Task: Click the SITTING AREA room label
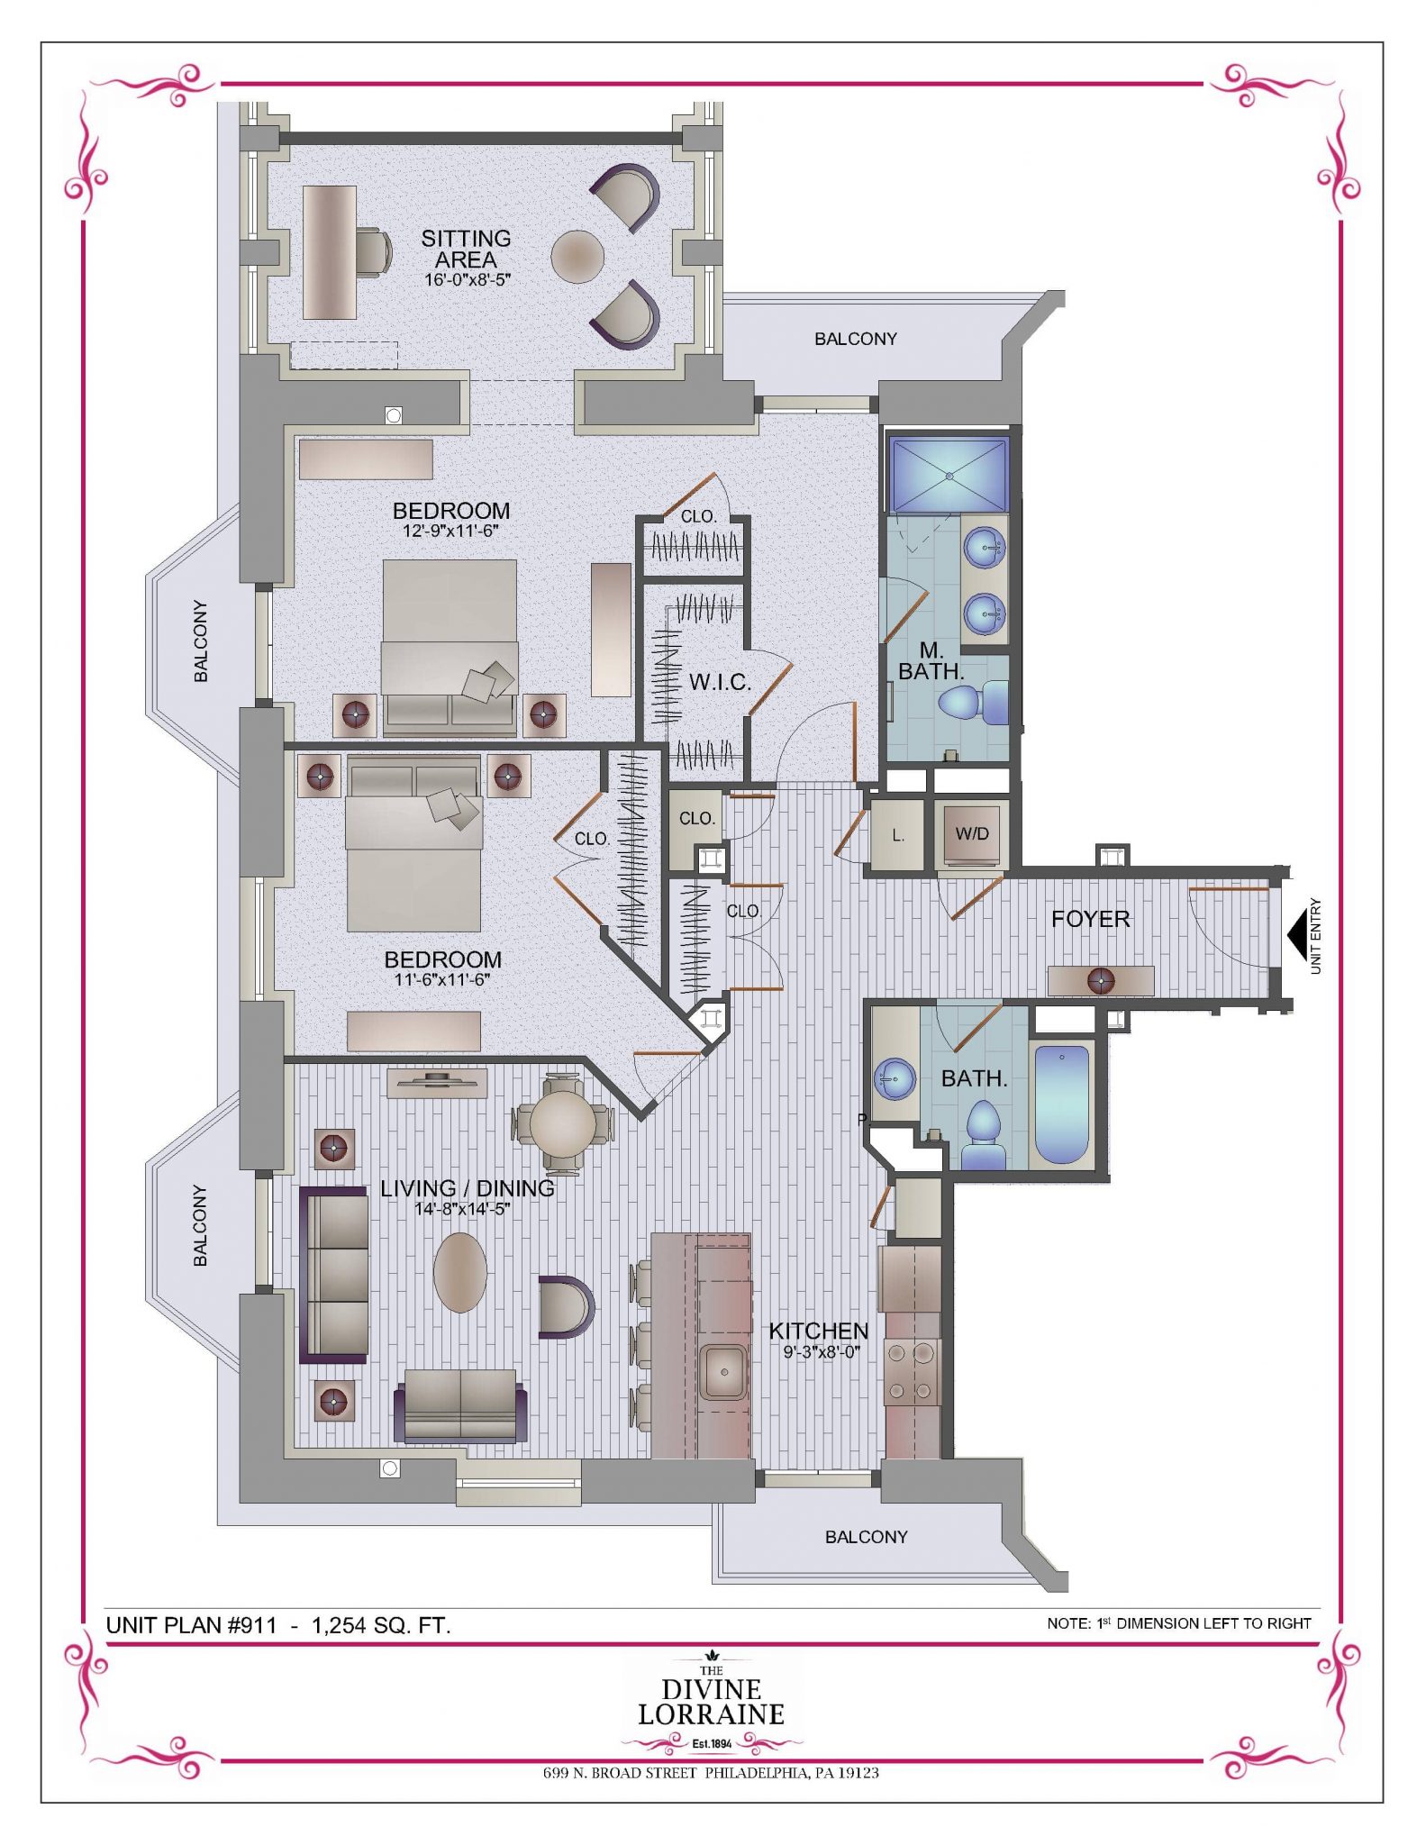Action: coord(466,249)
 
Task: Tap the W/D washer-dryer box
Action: coord(972,834)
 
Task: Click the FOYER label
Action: coord(1090,919)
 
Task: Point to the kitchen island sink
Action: coord(723,1373)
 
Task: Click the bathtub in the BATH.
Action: coord(1061,1104)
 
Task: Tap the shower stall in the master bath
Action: coord(949,474)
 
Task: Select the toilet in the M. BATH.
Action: coord(973,703)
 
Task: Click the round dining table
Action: coord(563,1123)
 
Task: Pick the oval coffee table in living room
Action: coord(460,1272)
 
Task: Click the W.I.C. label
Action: coord(720,683)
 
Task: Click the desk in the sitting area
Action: coord(330,252)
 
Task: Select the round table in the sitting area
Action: coord(577,258)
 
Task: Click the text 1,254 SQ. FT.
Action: coord(381,1625)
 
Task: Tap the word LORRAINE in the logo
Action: coord(712,1713)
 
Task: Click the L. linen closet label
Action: coord(898,836)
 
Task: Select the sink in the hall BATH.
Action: coord(895,1077)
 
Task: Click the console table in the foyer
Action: coord(1101,980)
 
